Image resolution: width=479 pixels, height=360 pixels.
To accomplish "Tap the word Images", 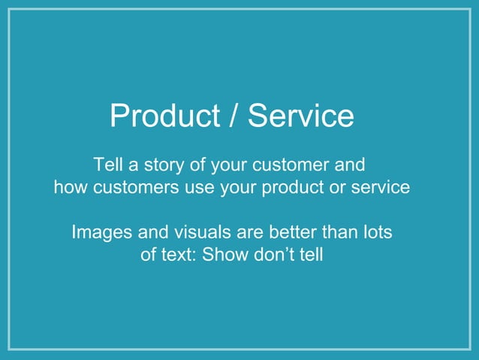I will point(100,232).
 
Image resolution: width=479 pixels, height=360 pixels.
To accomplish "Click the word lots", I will point(375,232).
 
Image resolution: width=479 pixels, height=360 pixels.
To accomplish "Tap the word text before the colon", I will point(178,255).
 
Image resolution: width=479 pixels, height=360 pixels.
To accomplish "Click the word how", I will point(71,187).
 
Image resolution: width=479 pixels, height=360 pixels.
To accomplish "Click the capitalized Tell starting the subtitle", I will point(108,165).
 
